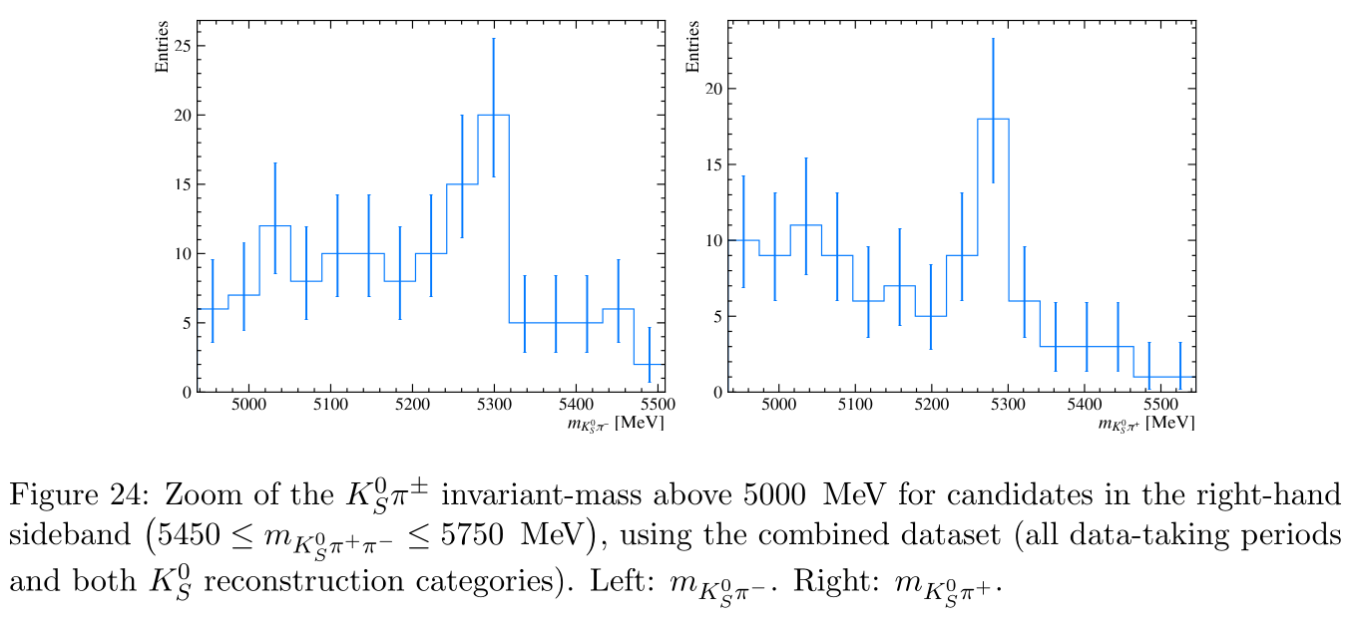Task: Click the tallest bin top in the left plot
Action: point(494,115)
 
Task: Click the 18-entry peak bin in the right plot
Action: point(993,119)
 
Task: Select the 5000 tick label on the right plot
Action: point(778,405)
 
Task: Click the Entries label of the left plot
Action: point(162,47)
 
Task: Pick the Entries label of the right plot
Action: point(692,47)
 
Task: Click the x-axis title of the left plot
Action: point(616,424)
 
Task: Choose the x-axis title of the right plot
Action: point(1145,424)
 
